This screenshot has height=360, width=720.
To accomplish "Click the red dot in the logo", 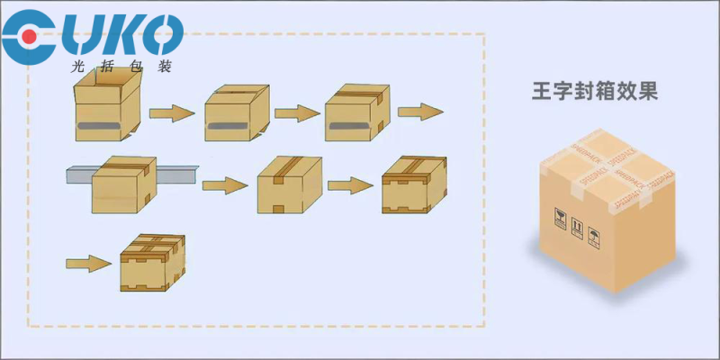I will click(30, 37).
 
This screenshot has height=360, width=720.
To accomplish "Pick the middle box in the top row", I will click(237, 113).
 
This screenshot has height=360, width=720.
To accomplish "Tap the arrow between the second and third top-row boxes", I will click(298, 113).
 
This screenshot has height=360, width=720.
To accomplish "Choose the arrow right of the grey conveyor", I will click(224, 185).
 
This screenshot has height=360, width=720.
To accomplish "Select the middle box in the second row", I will click(290, 184).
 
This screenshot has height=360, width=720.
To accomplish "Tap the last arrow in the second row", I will click(350, 185).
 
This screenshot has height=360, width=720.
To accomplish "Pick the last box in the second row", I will click(413, 184).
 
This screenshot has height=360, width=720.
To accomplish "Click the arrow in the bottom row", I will click(88, 263).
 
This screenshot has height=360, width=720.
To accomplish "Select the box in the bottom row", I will click(152, 263).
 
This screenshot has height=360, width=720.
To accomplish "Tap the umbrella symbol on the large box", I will click(594, 237).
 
